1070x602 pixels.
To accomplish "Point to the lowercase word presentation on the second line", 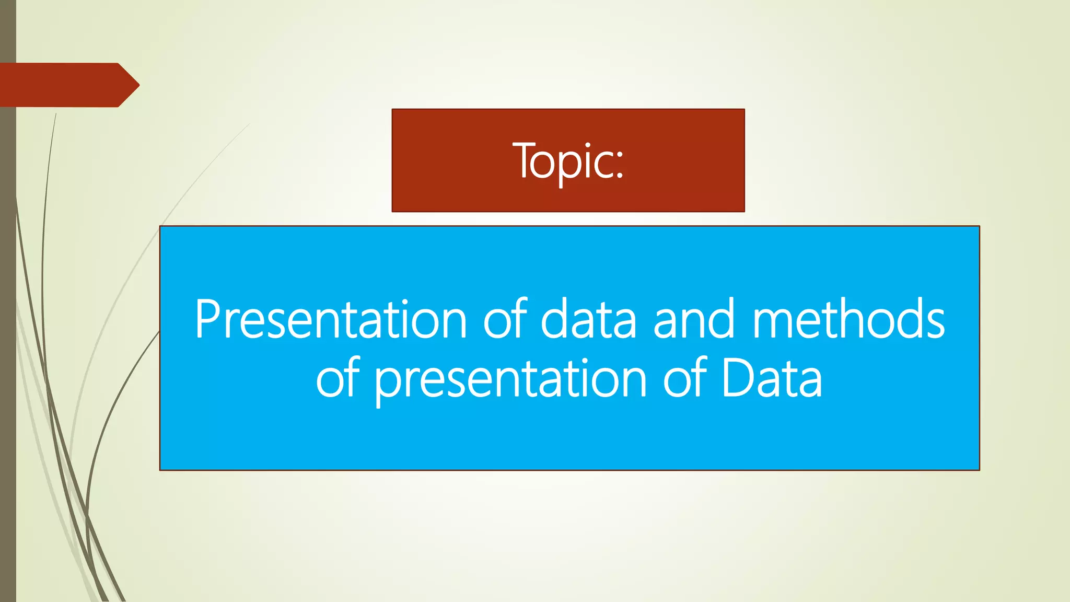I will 510,380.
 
